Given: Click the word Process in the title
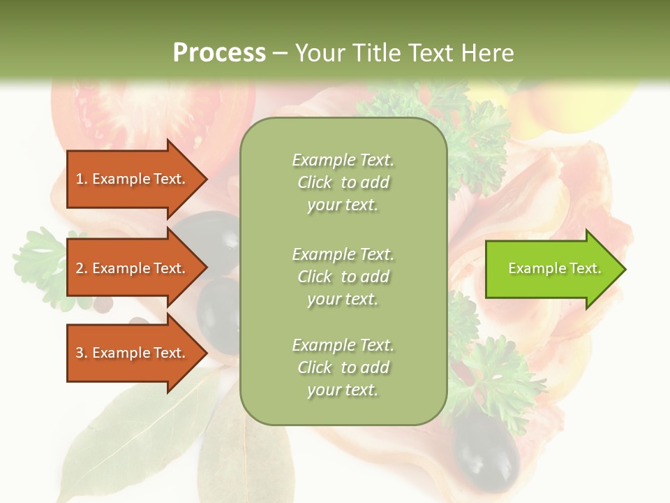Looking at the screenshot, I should coord(219,52).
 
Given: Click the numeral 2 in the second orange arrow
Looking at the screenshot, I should coord(79,268).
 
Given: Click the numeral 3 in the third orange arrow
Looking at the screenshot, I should coord(79,353).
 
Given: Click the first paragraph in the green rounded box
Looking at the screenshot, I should coord(343,182).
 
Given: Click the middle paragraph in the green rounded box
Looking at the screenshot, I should coord(343,277).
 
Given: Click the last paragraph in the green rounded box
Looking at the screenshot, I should coord(343,367).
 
